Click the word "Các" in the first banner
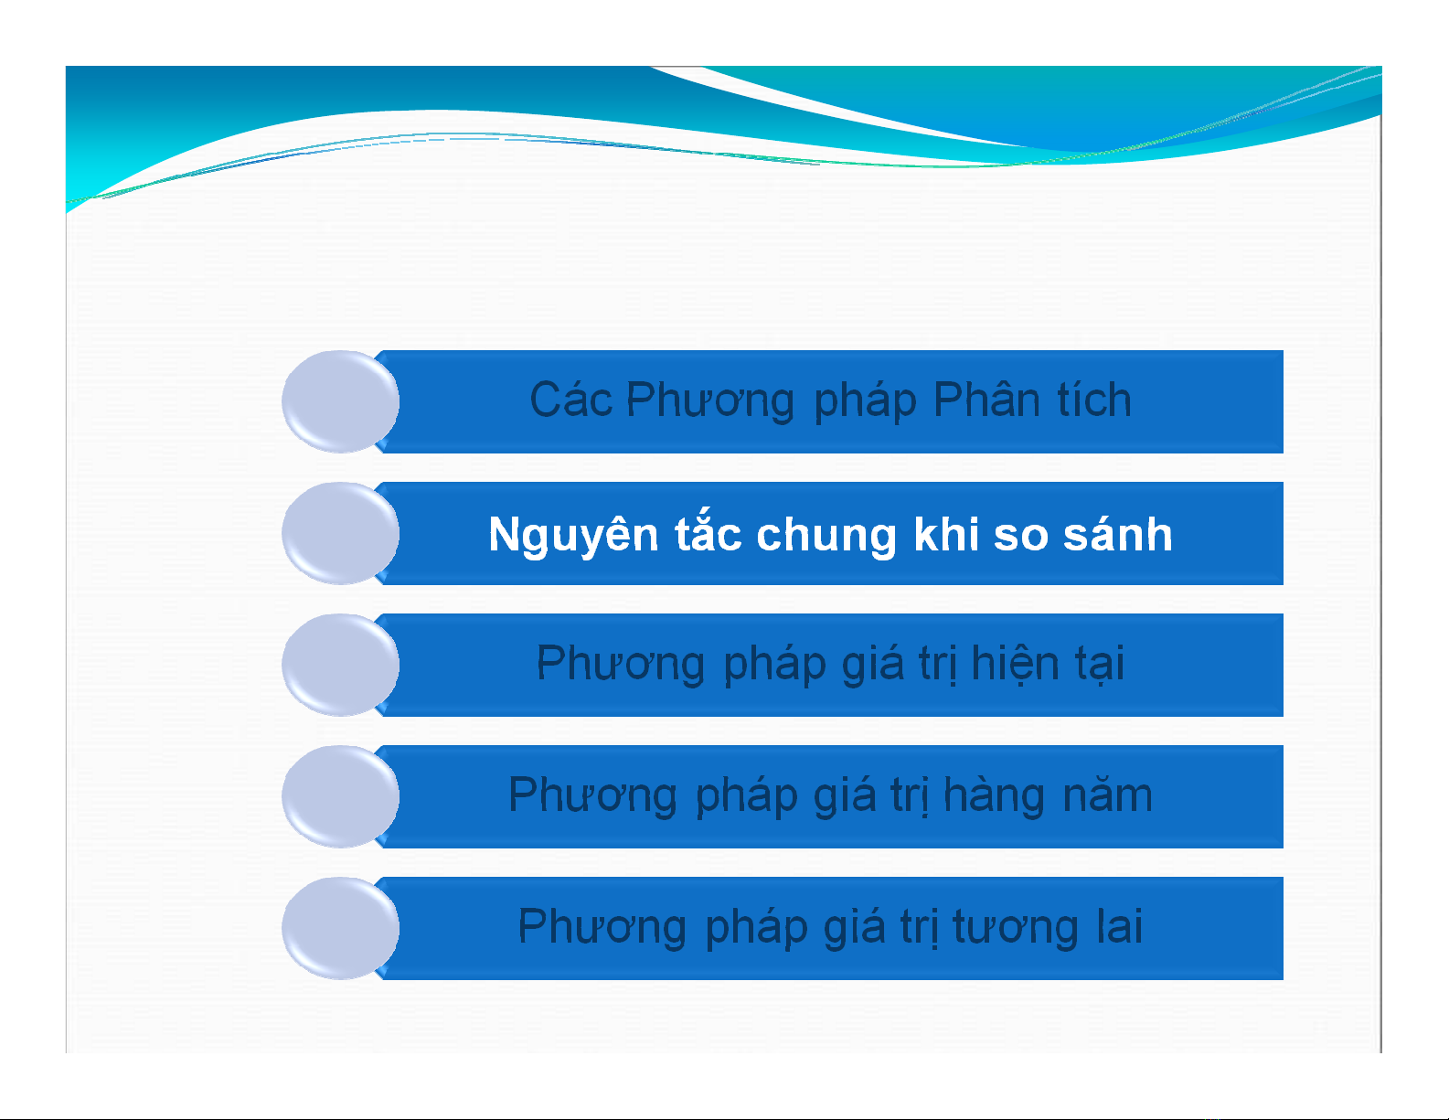click(570, 400)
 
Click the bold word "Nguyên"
click(573, 535)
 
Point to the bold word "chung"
click(826, 536)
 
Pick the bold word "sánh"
click(1117, 535)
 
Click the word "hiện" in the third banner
click(1014, 664)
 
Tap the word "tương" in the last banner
click(1015, 928)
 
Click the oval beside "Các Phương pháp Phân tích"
click(340, 401)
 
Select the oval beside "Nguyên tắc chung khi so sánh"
click(340, 533)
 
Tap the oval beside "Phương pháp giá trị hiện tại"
click(340, 665)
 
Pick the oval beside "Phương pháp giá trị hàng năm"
click(340, 796)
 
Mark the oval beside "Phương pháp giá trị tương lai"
click(340, 928)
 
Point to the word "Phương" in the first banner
click(710, 400)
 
